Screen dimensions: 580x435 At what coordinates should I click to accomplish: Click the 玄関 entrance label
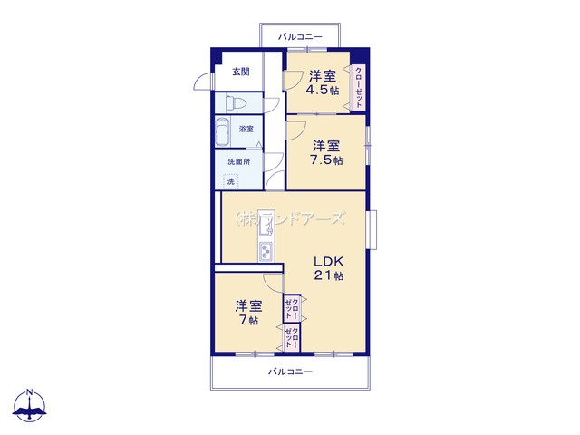coord(241,72)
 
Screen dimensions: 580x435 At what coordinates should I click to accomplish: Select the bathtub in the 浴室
coord(223,131)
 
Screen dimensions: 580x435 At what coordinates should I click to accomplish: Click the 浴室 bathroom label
coord(246,129)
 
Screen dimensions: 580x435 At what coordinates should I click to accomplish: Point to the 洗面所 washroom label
coord(239,161)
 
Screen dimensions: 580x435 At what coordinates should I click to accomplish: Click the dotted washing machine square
coord(231,181)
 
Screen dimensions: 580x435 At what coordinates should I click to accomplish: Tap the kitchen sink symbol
coord(266,225)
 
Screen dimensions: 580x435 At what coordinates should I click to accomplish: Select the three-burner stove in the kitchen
coord(266,251)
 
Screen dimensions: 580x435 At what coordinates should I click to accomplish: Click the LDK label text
coord(329,262)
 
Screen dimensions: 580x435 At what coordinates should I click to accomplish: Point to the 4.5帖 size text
coord(323,90)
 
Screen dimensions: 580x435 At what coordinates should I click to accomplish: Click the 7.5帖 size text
coord(326,159)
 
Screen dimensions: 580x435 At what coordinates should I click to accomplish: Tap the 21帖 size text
coord(329,275)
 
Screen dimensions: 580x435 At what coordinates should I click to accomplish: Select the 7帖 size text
coord(248,320)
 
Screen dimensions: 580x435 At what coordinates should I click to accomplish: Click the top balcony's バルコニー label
coord(300,36)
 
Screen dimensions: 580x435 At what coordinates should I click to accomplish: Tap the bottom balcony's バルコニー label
coord(290,372)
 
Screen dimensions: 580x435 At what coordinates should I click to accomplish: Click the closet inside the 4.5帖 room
coord(358,88)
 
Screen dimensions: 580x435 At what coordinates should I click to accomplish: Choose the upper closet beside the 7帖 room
coord(292,307)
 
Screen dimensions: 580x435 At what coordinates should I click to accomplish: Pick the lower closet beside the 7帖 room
coord(292,338)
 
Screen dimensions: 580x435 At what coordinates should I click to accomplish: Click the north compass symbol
coord(30,405)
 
